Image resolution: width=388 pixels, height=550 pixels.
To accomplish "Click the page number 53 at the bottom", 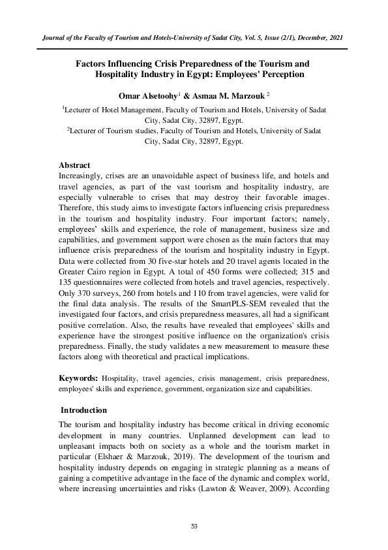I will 194,526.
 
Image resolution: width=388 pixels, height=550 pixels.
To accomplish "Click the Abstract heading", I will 74,165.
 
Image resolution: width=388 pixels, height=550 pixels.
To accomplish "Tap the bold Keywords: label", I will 78,378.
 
